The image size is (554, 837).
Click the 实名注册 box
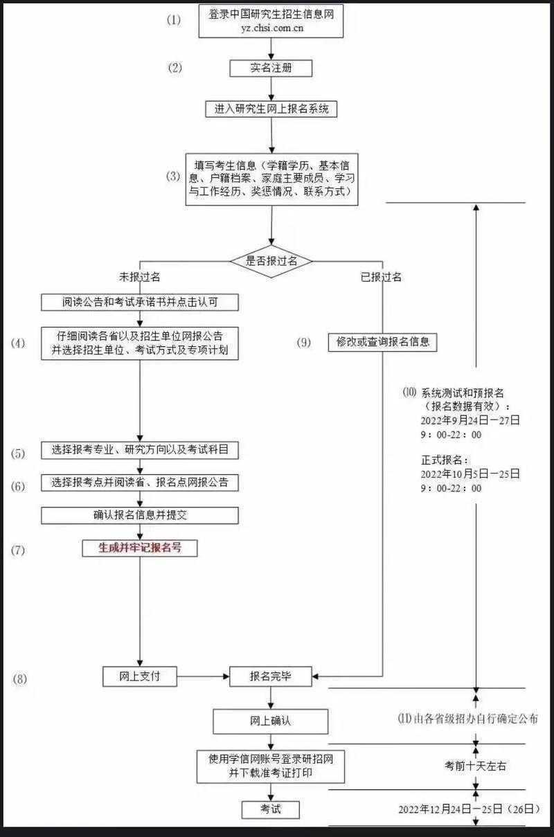pos(271,68)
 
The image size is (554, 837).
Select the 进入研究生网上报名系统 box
pos(271,109)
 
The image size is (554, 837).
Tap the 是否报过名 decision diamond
pos(271,261)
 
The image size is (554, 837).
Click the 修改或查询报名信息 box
pos(382,342)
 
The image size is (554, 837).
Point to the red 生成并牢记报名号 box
pos(141,548)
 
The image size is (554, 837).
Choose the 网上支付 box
pos(140,676)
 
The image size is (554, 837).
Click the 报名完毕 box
pos(271,677)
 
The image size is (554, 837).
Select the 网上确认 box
pos(270,721)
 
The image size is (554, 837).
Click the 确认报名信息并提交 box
pos(140,515)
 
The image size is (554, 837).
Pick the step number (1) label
pos(173,20)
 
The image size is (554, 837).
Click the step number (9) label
pos(303,343)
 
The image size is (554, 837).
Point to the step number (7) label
pos(18,550)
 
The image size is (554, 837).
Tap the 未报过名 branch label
pos(141,277)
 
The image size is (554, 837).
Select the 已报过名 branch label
pos(381,277)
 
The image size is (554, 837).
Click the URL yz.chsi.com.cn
pos(271,29)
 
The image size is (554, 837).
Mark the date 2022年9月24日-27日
pos(470,420)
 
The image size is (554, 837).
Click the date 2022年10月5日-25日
pos(470,474)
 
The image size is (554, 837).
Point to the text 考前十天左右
pos(475,766)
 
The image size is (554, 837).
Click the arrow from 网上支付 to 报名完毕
pos(203,677)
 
